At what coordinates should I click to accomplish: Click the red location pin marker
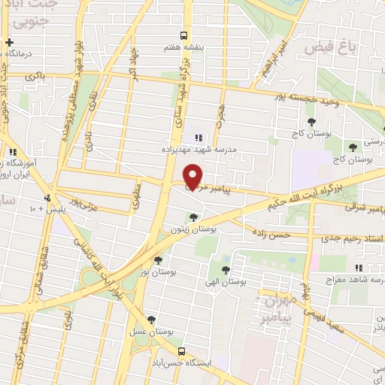coord(194,176)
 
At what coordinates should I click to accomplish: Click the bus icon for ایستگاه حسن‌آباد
coord(180,350)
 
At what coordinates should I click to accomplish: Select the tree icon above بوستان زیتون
coord(194,217)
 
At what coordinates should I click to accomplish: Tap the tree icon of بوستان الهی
coord(225,268)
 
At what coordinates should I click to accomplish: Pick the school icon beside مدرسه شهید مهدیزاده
coord(199,138)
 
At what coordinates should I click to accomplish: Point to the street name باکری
coord(35,77)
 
